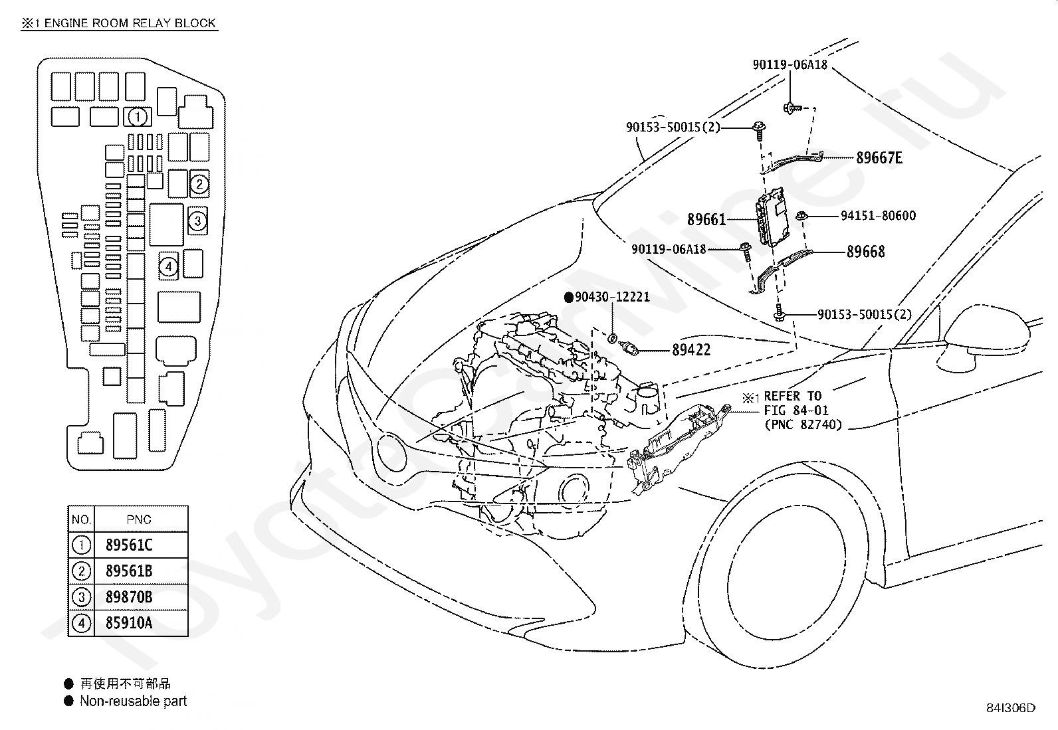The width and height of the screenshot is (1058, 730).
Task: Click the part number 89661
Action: pos(706,220)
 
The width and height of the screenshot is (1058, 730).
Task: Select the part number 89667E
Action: pos(879,157)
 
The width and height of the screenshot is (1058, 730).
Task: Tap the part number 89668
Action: pos(865,252)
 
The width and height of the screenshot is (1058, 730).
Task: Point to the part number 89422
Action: pos(691,350)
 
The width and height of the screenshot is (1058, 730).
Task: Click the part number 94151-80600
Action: pos(878,216)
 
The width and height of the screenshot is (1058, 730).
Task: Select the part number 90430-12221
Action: pos(612,297)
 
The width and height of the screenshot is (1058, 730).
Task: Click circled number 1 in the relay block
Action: pos(138,117)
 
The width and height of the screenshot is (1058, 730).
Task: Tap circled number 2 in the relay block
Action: pos(199,184)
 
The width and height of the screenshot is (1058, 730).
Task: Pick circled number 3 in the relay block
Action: pos(197,221)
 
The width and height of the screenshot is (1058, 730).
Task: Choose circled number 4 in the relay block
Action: pos(169,267)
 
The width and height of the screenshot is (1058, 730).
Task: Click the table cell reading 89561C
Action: pos(129,545)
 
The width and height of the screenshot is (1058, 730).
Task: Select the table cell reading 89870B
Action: pos(129,597)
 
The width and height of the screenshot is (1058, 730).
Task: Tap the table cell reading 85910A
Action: pos(129,623)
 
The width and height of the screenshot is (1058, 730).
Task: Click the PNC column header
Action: pos(139,519)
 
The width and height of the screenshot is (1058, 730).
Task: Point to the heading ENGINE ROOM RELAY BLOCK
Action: pos(130,23)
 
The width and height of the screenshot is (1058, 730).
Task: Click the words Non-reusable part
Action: pos(133,701)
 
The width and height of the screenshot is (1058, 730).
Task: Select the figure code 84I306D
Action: pos(1011,708)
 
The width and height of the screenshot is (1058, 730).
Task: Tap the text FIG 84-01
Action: pos(796,411)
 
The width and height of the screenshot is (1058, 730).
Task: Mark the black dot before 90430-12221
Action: pos(569,298)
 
